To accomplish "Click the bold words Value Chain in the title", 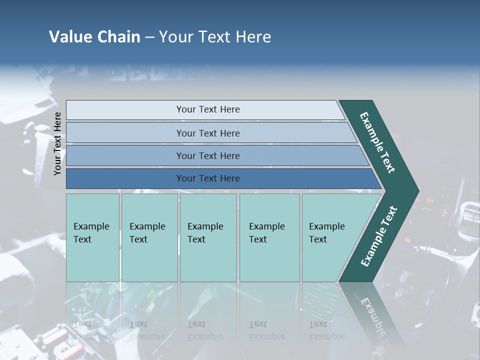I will coord(94,37).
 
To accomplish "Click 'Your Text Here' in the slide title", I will coord(215,37).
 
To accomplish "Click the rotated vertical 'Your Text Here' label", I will coord(58,144).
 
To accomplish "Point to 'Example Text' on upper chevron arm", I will coord(377,142).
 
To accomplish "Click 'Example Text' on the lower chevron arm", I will coord(379,236).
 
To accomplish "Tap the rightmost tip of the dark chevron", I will coord(417,190).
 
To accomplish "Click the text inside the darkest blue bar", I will coord(208,178).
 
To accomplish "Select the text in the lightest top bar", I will coord(208,109).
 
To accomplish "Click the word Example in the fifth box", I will coord(327,226).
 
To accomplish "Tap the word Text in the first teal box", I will coord(82,239).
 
